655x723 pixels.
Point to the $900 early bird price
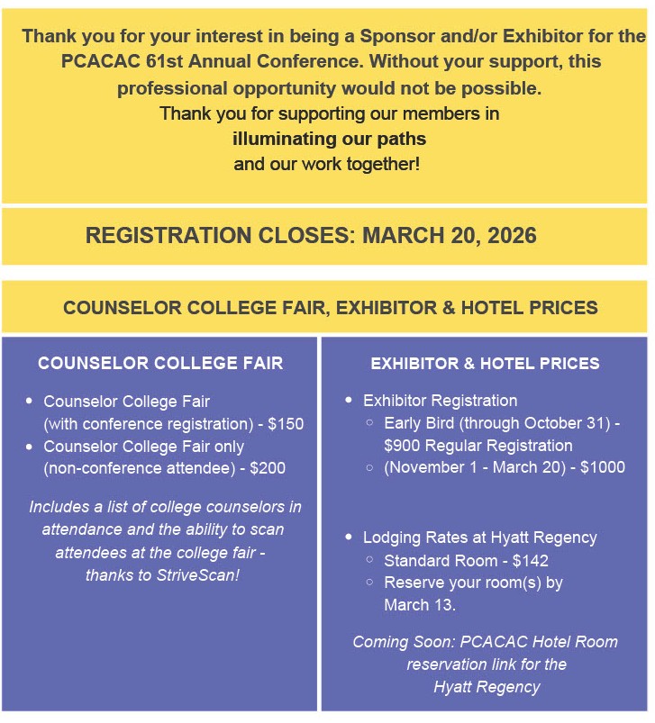click(405, 446)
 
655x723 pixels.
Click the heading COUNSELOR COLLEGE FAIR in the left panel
click(160, 364)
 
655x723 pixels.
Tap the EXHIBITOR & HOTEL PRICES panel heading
click(485, 364)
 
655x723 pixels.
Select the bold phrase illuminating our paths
click(329, 140)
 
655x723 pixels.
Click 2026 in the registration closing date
click(507, 237)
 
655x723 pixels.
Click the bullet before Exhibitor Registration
click(349, 401)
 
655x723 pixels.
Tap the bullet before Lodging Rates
click(349, 538)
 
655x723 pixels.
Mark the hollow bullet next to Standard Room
click(370, 561)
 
